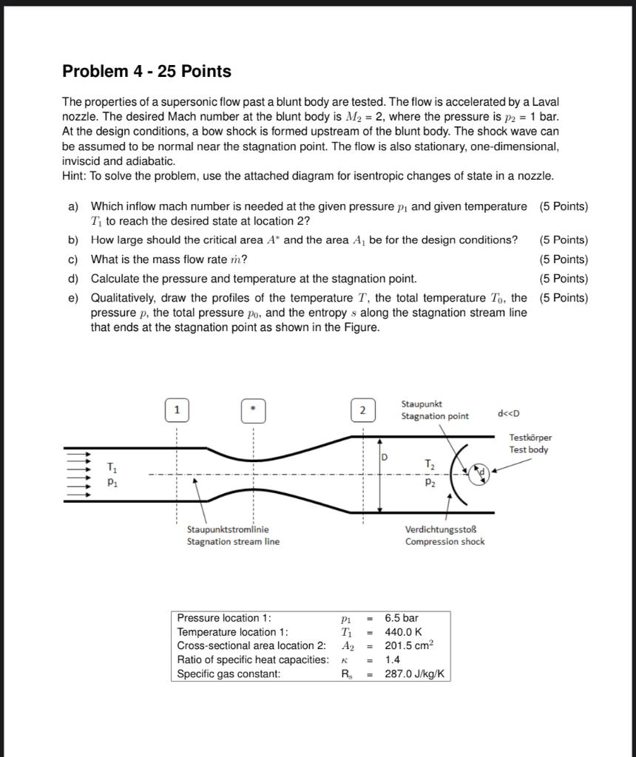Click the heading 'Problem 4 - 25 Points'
(146, 72)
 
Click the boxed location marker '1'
(177, 410)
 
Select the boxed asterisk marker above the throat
(253, 410)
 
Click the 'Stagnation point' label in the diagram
(434, 415)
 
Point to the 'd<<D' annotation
(513, 413)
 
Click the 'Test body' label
(528, 449)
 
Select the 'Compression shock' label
(444, 541)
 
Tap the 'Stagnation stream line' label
(233, 541)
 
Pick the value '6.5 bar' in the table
(402, 617)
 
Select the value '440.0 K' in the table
(403, 631)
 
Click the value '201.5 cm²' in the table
(409, 645)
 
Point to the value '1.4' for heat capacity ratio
(392, 659)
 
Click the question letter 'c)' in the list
(72, 259)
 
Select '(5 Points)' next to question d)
(564, 279)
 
